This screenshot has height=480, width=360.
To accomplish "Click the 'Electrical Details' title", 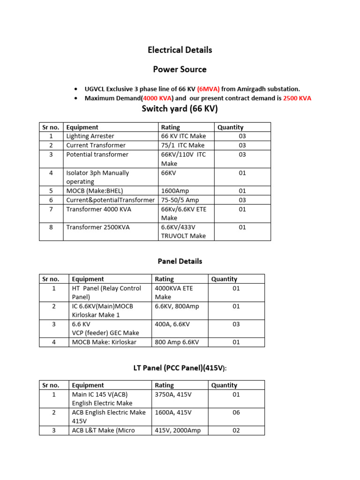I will (x=180, y=50).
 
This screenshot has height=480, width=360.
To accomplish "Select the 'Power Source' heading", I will (x=180, y=69).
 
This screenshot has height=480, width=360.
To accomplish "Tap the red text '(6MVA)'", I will (x=208, y=89).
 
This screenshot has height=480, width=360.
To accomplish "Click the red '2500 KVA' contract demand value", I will (x=297, y=98).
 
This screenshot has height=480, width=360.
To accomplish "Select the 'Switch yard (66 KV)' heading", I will (x=180, y=109).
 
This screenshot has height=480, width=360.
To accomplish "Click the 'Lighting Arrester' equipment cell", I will (x=90, y=136).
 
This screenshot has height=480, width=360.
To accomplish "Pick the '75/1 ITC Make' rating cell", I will (x=183, y=145).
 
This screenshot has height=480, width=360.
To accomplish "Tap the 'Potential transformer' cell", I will (x=97, y=154).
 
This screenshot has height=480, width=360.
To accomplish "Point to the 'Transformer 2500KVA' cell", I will (x=98, y=227).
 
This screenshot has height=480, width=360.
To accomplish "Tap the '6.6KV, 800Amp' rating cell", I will (x=177, y=306).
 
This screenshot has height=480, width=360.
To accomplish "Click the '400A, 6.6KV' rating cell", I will (x=173, y=324).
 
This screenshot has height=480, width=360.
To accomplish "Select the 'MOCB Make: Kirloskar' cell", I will (x=104, y=342).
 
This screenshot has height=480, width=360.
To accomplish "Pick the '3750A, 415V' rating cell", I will (x=173, y=394).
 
